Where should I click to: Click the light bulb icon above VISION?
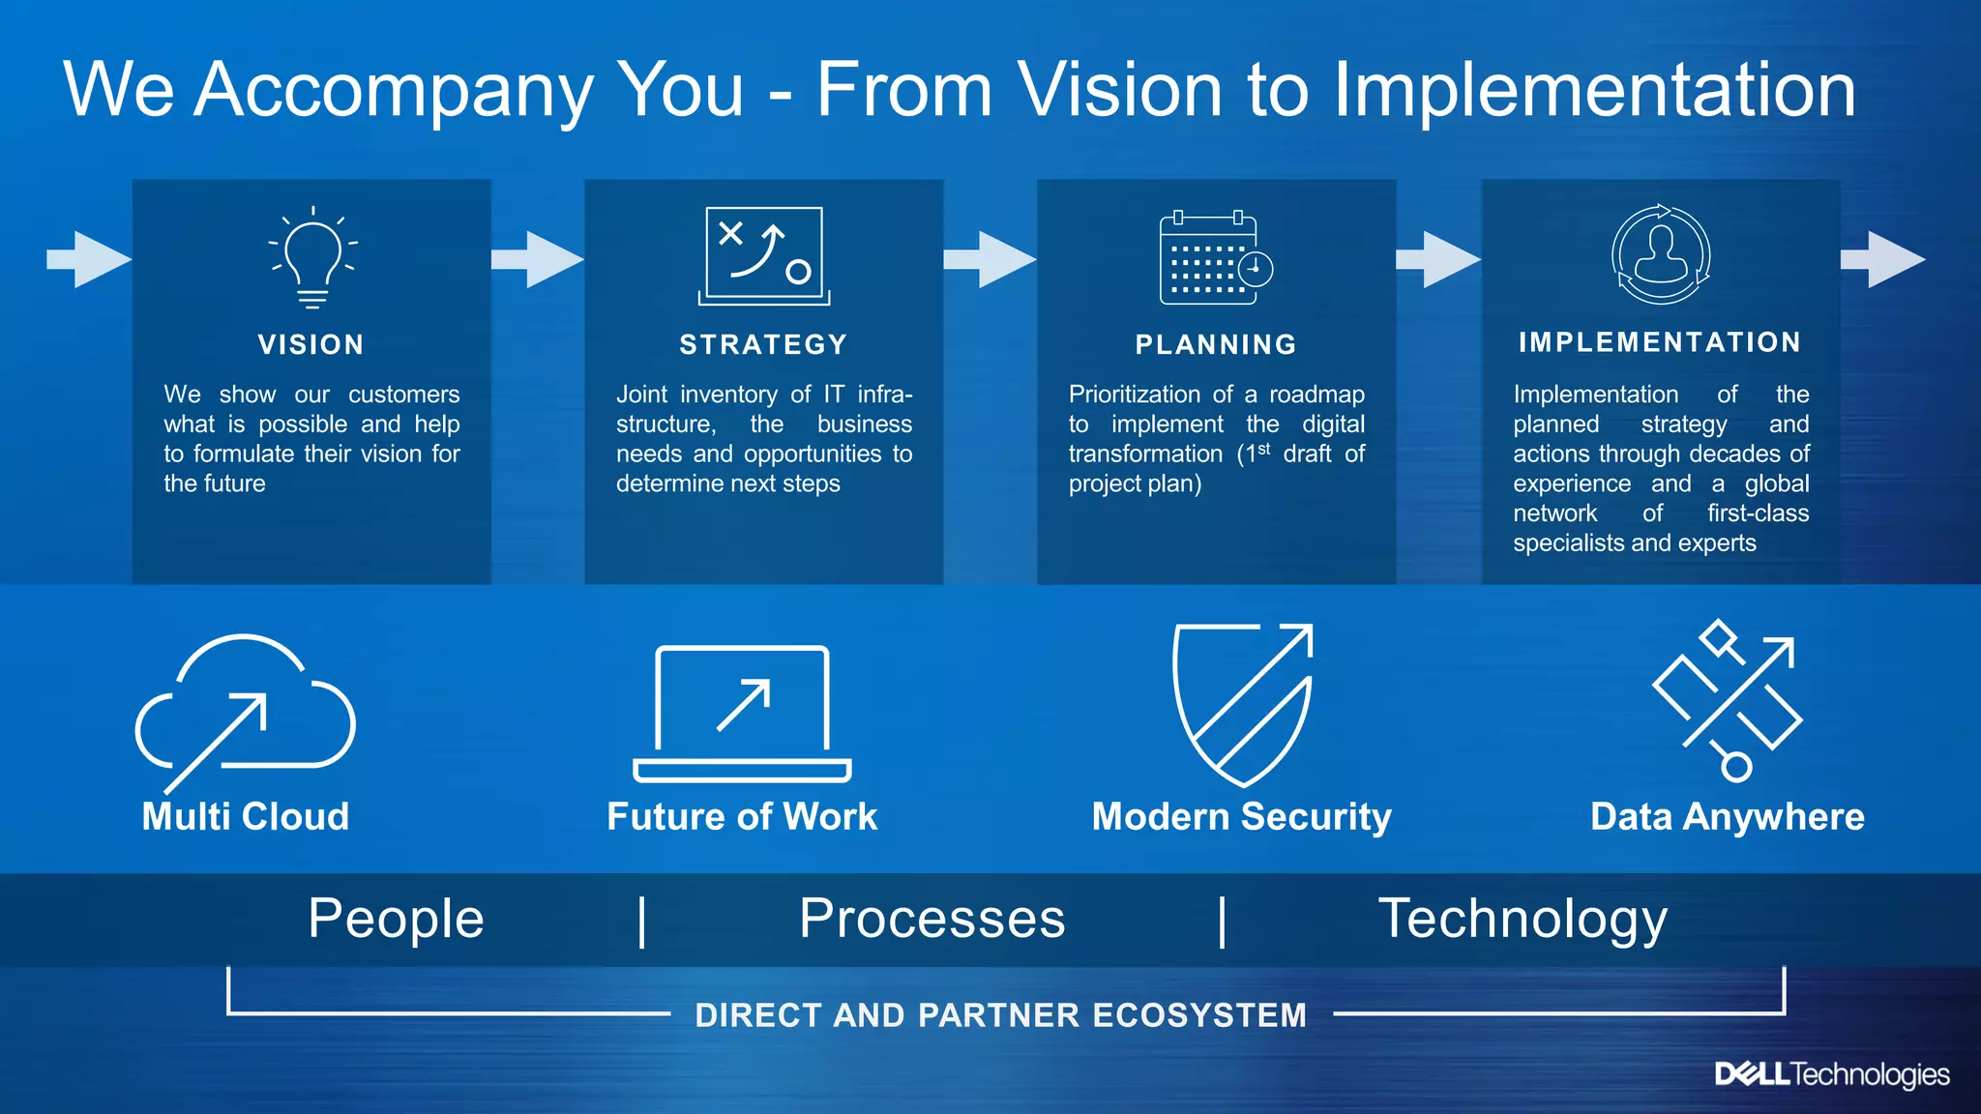[x=311, y=256]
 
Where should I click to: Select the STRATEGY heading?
[x=763, y=344]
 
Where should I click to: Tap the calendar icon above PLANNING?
[x=1215, y=257]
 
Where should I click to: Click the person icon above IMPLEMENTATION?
[x=1660, y=254]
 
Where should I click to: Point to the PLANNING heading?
[x=1216, y=344]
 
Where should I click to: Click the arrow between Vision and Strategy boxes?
[x=538, y=259]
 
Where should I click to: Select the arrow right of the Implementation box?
[x=1882, y=259]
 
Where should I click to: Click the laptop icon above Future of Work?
[x=742, y=713]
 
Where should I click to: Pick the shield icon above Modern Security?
[x=1242, y=704]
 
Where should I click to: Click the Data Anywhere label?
[x=1727, y=816]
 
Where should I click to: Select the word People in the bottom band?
[x=396, y=918]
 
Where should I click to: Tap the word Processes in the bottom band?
[x=931, y=918]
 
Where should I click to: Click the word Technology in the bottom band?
[x=1523, y=919]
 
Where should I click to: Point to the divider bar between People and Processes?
[x=642, y=921]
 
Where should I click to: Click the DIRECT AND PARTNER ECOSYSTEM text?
[x=1000, y=1014]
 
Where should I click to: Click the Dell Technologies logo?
[x=1831, y=1074]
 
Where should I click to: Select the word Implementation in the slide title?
[x=1594, y=90]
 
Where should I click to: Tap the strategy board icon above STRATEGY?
[x=764, y=255]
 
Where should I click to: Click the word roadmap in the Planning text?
[x=1316, y=395]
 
